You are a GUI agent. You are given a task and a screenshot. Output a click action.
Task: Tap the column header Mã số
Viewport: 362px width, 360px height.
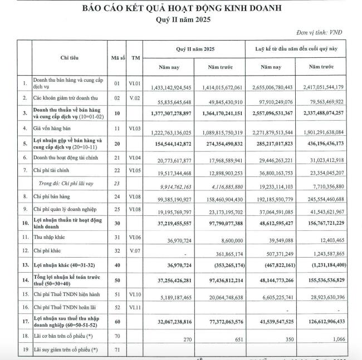click(117, 57)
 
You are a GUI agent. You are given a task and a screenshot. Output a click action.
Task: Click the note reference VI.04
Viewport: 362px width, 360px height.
click(136, 160)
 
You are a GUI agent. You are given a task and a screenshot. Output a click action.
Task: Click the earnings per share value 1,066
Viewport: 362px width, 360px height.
click(337, 339)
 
